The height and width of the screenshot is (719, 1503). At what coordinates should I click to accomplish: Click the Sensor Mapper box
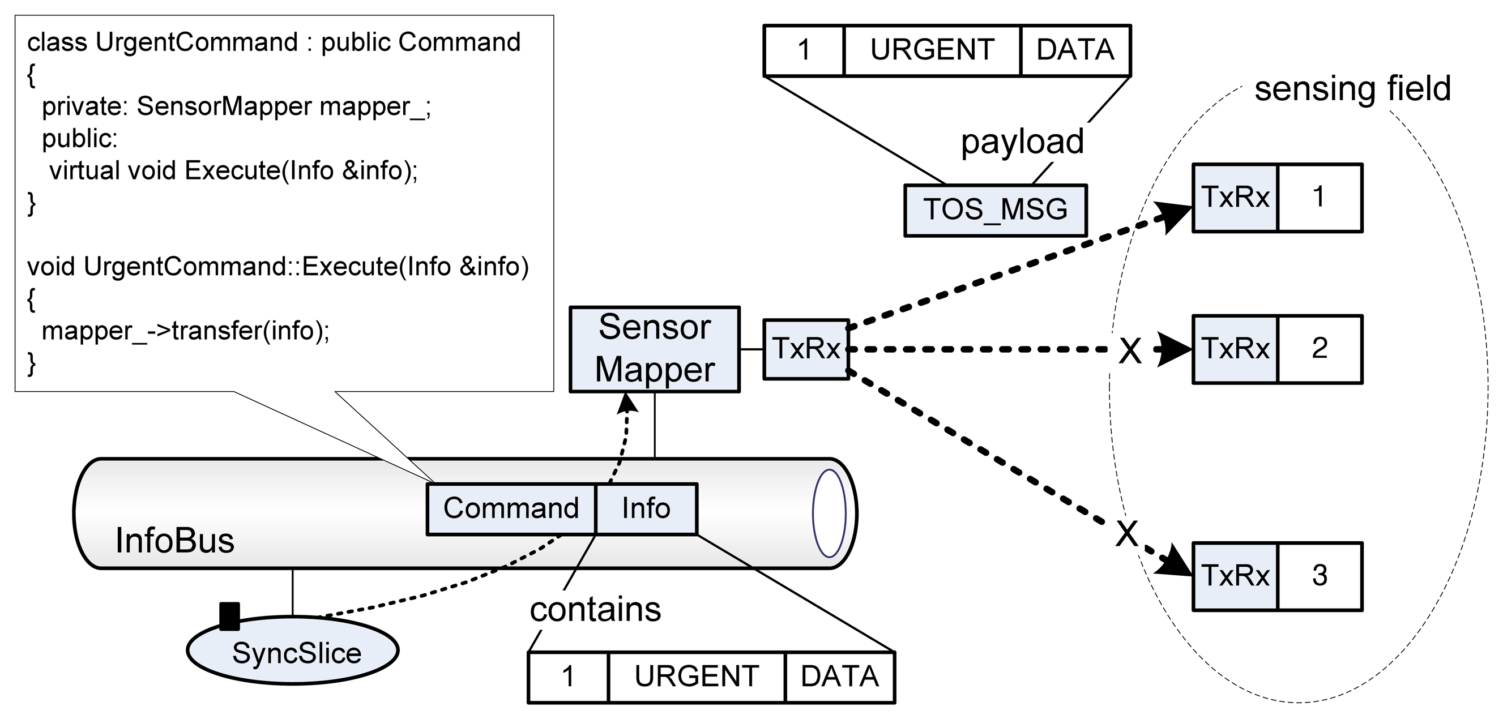654,349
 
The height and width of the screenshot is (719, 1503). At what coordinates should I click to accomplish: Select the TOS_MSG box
995,210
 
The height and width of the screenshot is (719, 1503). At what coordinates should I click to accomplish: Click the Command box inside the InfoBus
510,508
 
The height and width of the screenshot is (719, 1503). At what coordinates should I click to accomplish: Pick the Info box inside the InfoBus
646,508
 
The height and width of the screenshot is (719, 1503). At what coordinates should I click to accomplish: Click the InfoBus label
174,541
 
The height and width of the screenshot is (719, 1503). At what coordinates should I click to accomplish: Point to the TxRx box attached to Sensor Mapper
806,349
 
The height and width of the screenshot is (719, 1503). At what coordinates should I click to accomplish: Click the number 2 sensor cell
1319,349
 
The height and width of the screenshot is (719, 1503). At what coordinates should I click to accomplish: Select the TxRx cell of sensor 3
1235,576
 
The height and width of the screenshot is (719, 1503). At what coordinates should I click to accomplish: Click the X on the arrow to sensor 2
1130,350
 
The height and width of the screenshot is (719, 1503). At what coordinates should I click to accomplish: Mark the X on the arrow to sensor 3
1126,532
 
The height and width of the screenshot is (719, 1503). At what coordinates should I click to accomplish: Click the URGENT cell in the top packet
932,50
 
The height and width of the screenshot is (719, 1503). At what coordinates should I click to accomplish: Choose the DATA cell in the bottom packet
839,677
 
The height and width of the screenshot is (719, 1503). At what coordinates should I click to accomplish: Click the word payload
1022,142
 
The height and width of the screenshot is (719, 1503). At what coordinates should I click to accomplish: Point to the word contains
595,609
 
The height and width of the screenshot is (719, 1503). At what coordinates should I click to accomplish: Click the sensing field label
1352,89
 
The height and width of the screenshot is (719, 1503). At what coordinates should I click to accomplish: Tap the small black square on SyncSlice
229,617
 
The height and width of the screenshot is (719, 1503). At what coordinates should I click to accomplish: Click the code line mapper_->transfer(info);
186,331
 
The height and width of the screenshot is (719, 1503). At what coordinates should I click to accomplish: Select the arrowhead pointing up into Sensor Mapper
627,403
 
